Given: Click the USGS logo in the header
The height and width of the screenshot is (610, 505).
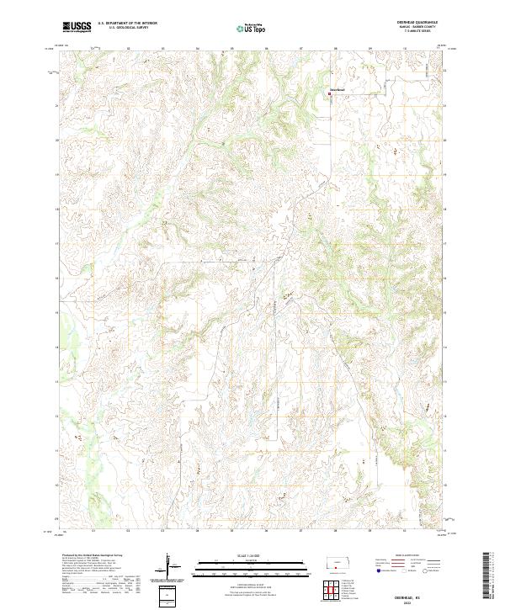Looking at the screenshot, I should coord(77,27).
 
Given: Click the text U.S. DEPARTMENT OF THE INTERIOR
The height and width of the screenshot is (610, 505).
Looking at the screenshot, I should coord(127,24).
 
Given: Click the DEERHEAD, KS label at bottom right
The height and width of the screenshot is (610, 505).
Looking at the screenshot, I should coord(417,591).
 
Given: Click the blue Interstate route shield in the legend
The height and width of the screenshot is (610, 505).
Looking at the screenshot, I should coord(374,570).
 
